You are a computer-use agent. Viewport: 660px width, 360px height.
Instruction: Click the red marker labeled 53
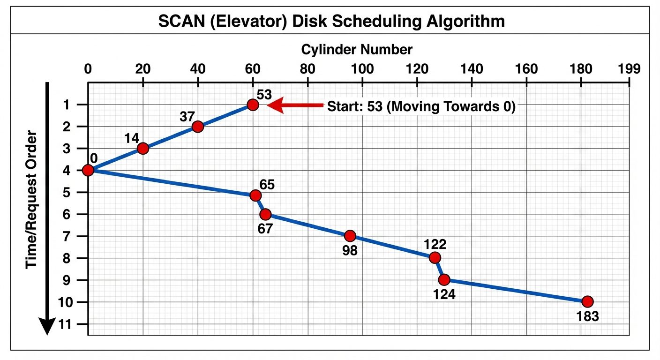point(253,105)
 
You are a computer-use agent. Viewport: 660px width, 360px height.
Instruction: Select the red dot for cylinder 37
point(198,127)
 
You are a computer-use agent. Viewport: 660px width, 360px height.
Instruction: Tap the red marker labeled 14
point(143,148)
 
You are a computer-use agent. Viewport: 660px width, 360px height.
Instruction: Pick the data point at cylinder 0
point(88,170)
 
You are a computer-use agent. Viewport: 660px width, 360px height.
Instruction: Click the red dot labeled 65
point(255,195)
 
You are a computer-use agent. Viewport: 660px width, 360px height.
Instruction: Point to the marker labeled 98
point(350,236)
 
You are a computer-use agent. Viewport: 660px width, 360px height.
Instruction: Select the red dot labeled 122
point(435,257)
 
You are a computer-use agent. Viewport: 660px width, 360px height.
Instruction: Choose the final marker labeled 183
point(587,301)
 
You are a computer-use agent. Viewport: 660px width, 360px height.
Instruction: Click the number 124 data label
point(444,295)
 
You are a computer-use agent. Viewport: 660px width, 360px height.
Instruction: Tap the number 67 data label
point(266,229)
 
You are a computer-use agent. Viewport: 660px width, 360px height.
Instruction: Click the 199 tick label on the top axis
point(629,69)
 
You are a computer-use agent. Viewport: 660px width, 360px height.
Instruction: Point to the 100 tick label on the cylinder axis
point(362,69)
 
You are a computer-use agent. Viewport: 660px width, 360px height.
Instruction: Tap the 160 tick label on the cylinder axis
point(526,69)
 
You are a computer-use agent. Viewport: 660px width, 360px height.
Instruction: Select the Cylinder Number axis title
point(357,49)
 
